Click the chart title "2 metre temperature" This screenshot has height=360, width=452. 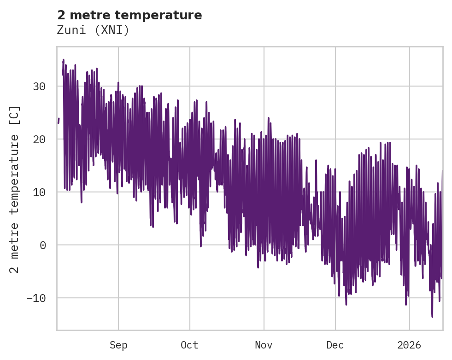click(x=129, y=15)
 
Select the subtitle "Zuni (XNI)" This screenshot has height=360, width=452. click(x=93, y=30)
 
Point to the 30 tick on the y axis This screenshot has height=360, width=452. click(x=39, y=87)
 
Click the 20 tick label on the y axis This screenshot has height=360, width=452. click(x=39, y=139)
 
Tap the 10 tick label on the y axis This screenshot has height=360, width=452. click(x=39, y=192)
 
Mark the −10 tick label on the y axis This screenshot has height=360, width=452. click(x=36, y=298)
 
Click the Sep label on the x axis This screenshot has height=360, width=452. click(x=118, y=345)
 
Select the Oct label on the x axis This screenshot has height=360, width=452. click(x=189, y=345)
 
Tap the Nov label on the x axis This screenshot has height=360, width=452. click(x=264, y=345)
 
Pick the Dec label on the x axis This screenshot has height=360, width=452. click(x=335, y=345)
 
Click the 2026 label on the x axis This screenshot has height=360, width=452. click(x=410, y=345)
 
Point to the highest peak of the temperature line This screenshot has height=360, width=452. click(x=63, y=60)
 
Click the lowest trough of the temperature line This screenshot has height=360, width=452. click(x=432, y=317)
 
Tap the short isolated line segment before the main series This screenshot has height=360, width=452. click(x=59, y=121)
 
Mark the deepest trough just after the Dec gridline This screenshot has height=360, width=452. click(x=346, y=304)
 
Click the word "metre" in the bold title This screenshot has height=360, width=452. click(x=90, y=15)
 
